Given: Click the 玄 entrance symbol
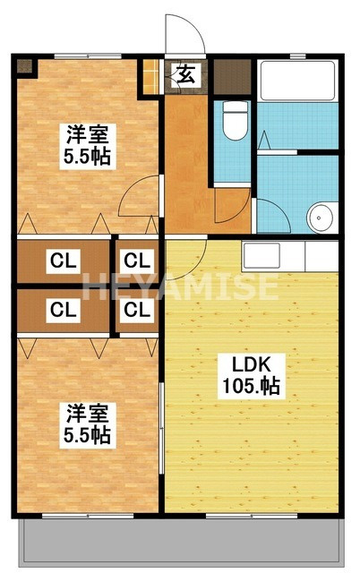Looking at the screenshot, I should [x=185, y=75].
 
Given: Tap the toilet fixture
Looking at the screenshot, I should [x=235, y=121].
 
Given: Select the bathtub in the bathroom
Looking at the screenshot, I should [x=296, y=94].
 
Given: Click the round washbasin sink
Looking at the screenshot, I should [x=320, y=217].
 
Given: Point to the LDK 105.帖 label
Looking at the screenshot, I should [x=252, y=376].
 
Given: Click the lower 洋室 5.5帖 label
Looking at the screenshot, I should [x=88, y=424].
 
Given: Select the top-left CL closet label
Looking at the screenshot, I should [x=62, y=262].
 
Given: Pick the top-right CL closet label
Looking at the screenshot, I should [x=136, y=262].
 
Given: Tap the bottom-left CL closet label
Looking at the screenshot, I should [x=62, y=311].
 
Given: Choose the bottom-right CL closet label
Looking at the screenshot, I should [x=136, y=311].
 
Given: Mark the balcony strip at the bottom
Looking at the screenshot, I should [x=179, y=543].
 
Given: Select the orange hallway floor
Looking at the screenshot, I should [x=184, y=161].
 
